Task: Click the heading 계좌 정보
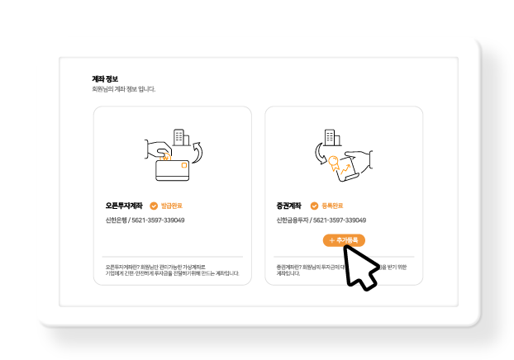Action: (x=104, y=79)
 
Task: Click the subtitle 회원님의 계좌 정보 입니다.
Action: (x=123, y=89)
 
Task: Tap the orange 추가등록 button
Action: (x=344, y=240)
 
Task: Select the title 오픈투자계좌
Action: (x=124, y=206)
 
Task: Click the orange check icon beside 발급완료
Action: (x=154, y=206)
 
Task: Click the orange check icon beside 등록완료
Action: (x=314, y=206)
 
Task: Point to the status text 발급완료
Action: (x=171, y=206)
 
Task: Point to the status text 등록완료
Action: (x=331, y=206)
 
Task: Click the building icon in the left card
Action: (x=178, y=137)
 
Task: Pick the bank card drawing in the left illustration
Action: (x=173, y=170)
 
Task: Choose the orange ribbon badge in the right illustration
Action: (x=333, y=163)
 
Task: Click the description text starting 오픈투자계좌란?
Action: (x=172, y=270)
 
